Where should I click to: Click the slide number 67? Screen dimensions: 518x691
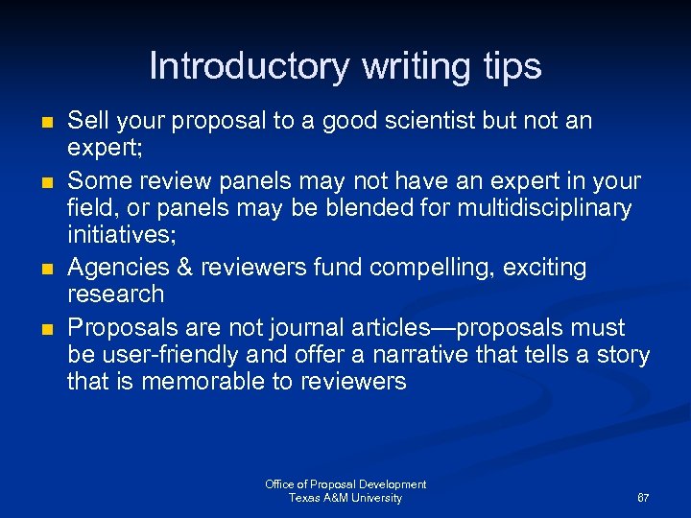(643, 499)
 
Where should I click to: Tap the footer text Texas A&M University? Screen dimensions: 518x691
(345, 498)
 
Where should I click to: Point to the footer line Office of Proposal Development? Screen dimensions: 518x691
(345, 484)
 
